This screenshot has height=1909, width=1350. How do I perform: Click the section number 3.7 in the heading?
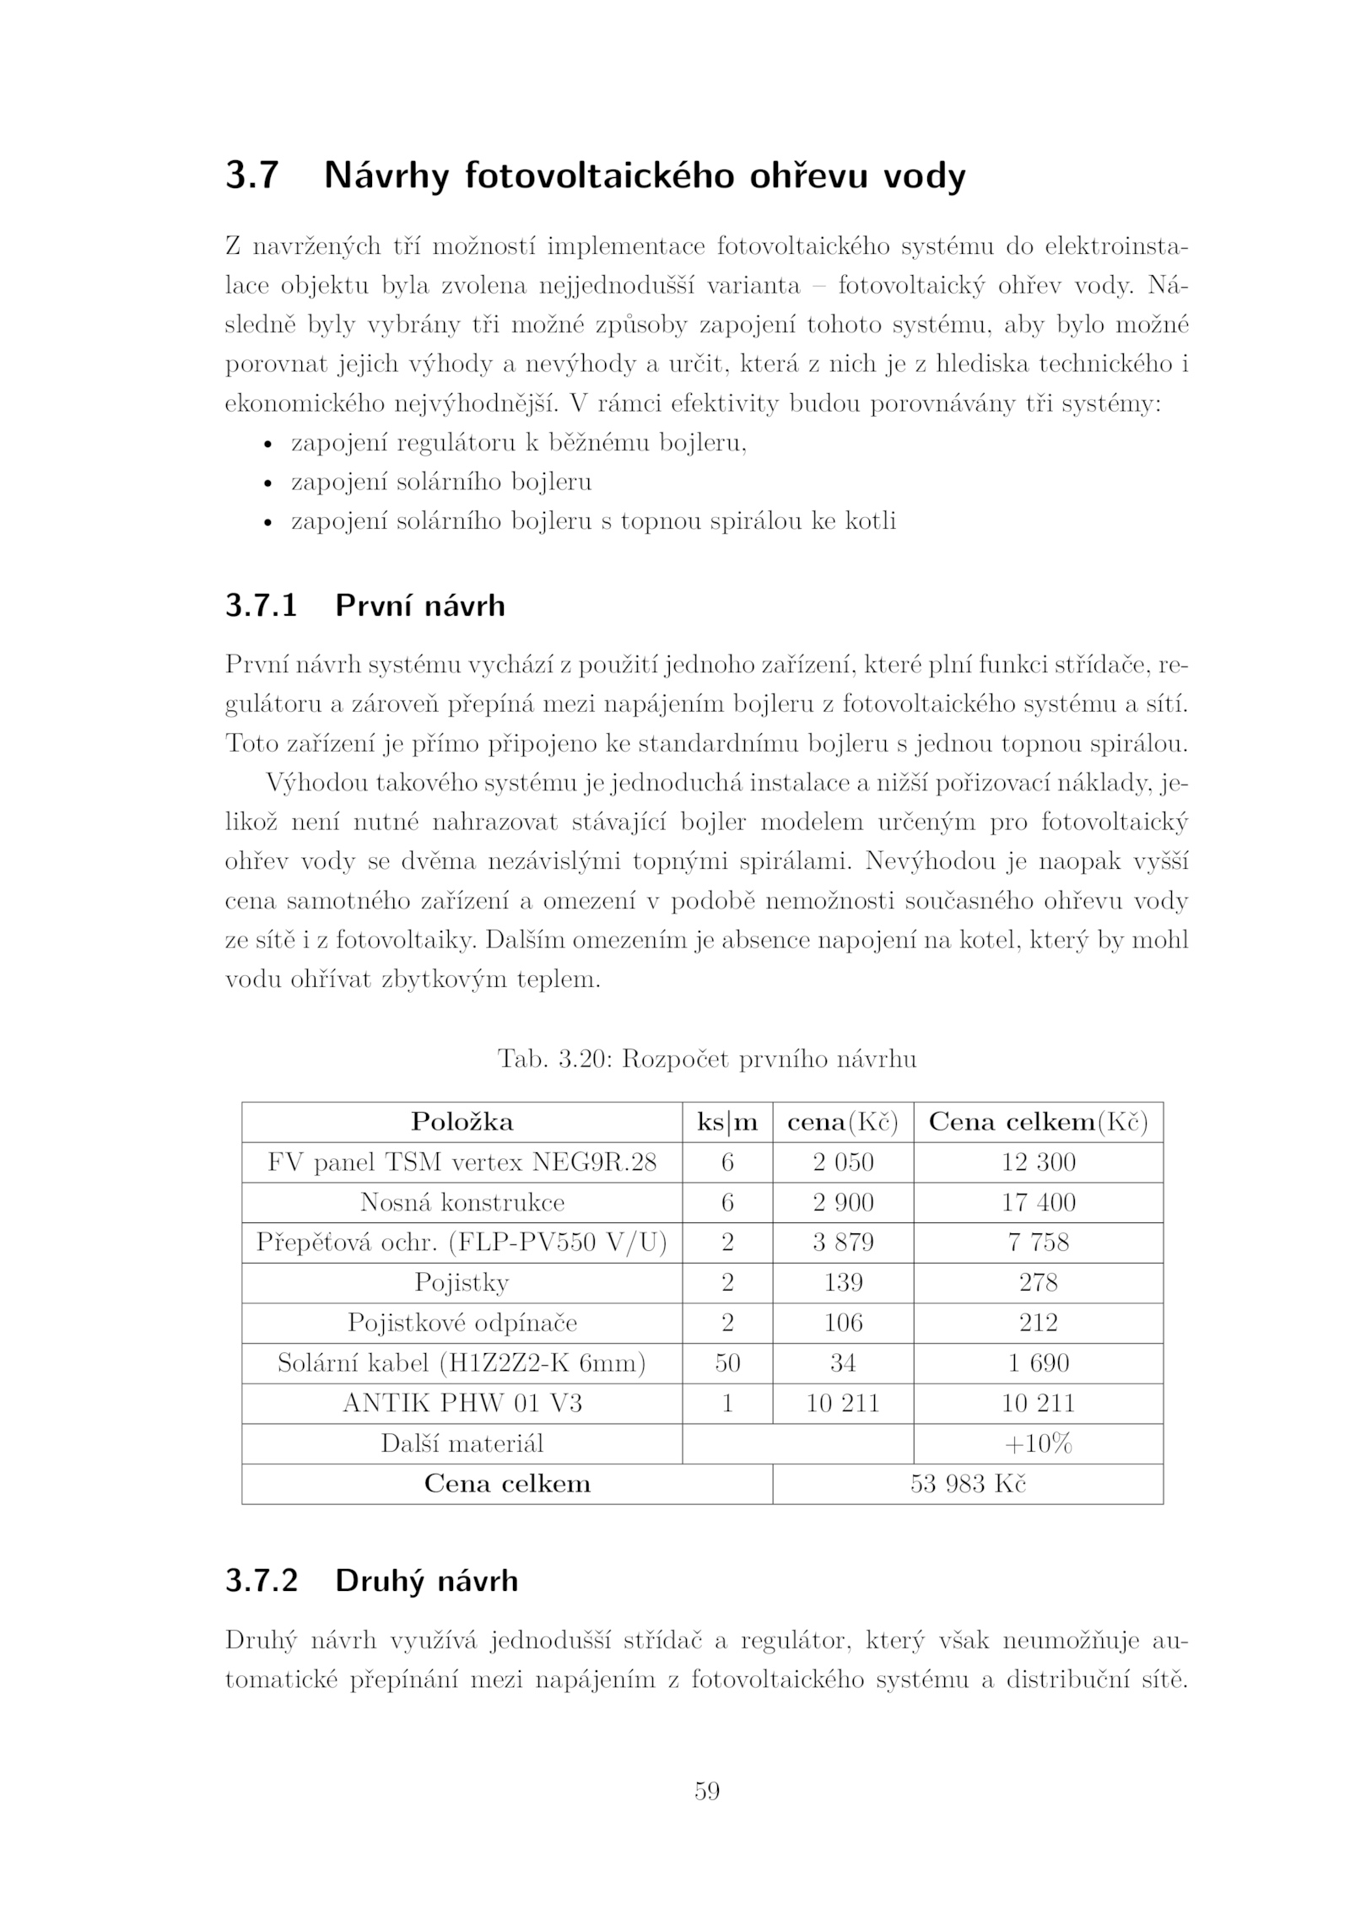tap(251, 175)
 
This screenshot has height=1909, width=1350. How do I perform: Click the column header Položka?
tap(462, 1122)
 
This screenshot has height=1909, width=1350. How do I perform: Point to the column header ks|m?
tap(726, 1122)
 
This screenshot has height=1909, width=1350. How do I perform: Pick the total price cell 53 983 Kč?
tap(967, 1484)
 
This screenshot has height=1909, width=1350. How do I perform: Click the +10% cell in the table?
tap(1038, 1444)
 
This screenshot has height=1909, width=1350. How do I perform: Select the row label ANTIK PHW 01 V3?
tap(462, 1404)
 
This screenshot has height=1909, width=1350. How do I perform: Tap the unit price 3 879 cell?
tap(843, 1243)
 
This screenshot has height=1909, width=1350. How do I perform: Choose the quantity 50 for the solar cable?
tap(726, 1363)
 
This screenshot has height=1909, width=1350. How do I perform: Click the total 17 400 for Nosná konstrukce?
tap(1038, 1202)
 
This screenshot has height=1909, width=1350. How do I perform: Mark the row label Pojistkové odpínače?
tap(462, 1323)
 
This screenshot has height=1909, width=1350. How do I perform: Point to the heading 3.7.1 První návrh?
tap(364, 606)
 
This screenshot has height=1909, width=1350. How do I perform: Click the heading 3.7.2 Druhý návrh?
tap(371, 1580)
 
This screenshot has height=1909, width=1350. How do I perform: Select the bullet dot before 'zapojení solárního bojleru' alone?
tap(267, 484)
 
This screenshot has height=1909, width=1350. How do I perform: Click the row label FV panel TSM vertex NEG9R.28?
tap(462, 1162)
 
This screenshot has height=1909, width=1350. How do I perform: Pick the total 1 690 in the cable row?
tap(1038, 1363)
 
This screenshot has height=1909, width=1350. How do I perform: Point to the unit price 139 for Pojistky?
tap(843, 1283)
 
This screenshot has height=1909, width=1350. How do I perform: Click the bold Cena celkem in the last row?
tap(506, 1484)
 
